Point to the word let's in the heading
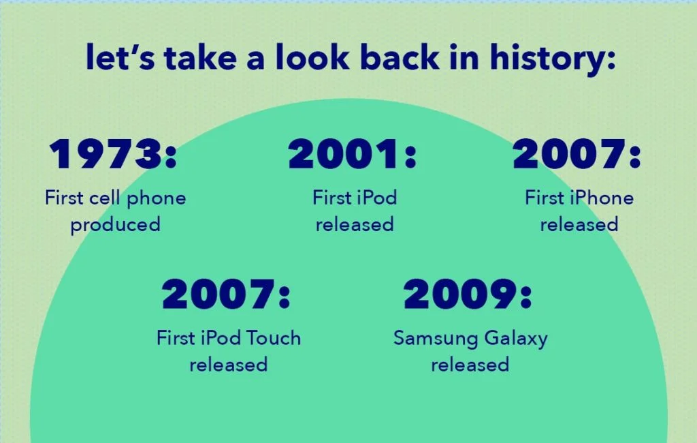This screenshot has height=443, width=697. click(x=120, y=57)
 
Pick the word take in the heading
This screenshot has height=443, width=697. click(x=200, y=57)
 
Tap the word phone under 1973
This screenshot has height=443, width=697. click(x=157, y=199)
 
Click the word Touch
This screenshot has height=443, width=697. click(x=274, y=338)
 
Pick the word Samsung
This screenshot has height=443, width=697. click(x=436, y=339)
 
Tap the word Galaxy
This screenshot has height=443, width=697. click(x=516, y=339)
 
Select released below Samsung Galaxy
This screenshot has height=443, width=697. click(x=470, y=365)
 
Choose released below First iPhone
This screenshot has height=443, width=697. click(x=579, y=224)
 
